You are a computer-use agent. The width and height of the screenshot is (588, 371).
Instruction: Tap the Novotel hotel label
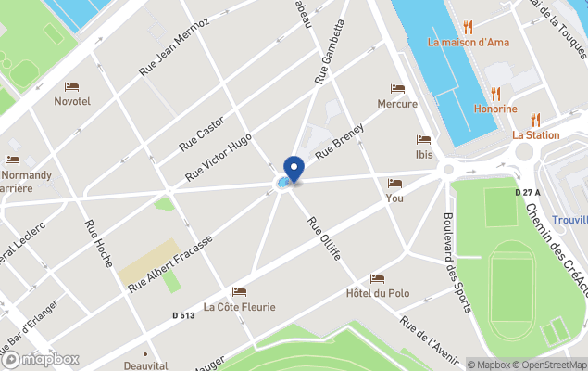point(72,100)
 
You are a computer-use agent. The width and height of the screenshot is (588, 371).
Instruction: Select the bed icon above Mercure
point(397,89)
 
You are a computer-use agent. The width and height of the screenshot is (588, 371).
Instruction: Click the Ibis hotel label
point(424,154)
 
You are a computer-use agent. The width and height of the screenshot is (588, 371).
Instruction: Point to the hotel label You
point(394,198)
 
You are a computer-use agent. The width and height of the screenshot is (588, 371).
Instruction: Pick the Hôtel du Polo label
point(377,293)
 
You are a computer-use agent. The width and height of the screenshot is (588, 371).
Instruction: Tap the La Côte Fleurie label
point(239,306)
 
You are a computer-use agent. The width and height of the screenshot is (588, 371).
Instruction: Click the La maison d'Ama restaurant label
point(468,42)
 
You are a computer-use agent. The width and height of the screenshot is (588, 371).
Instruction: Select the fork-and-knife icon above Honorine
point(495,94)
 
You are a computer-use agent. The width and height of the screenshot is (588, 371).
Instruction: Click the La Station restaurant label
point(535,134)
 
